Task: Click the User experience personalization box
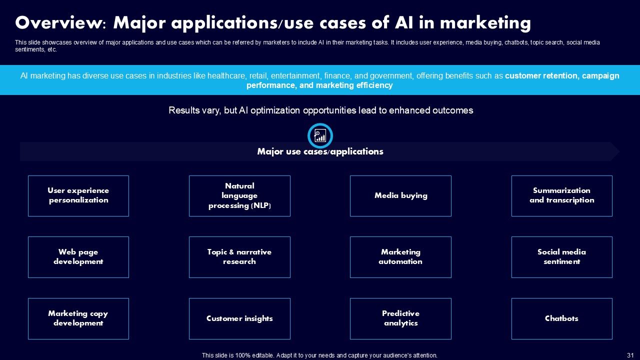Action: pyautogui.click(x=78, y=195)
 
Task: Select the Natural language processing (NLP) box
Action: pyautogui.click(x=239, y=195)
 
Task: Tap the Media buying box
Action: pyautogui.click(x=400, y=195)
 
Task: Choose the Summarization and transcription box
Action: pyautogui.click(x=561, y=195)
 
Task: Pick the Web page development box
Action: pyautogui.click(x=78, y=257)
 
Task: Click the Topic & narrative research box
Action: pyautogui.click(x=239, y=257)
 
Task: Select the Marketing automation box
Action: pyautogui.click(x=400, y=257)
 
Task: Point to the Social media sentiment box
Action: pyautogui.click(x=561, y=257)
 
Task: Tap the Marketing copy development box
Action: pyautogui.click(x=78, y=318)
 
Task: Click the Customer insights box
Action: pyautogui.click(x=239, y=318)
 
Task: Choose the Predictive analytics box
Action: pyautogui.click(x=400, y=318)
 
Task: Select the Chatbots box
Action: pyautogui.click(x=561, y=318)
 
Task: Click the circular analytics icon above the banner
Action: pyautogui.click(x=320, y=135)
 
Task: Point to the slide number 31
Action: pyautogui.click(x=630, y=355)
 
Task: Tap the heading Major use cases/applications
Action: pyautogui.click(x=320, y=151)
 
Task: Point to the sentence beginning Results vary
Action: pyautogui.click(x=320, y=110)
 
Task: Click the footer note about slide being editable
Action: pyautogui.click(x=319, y=355)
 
